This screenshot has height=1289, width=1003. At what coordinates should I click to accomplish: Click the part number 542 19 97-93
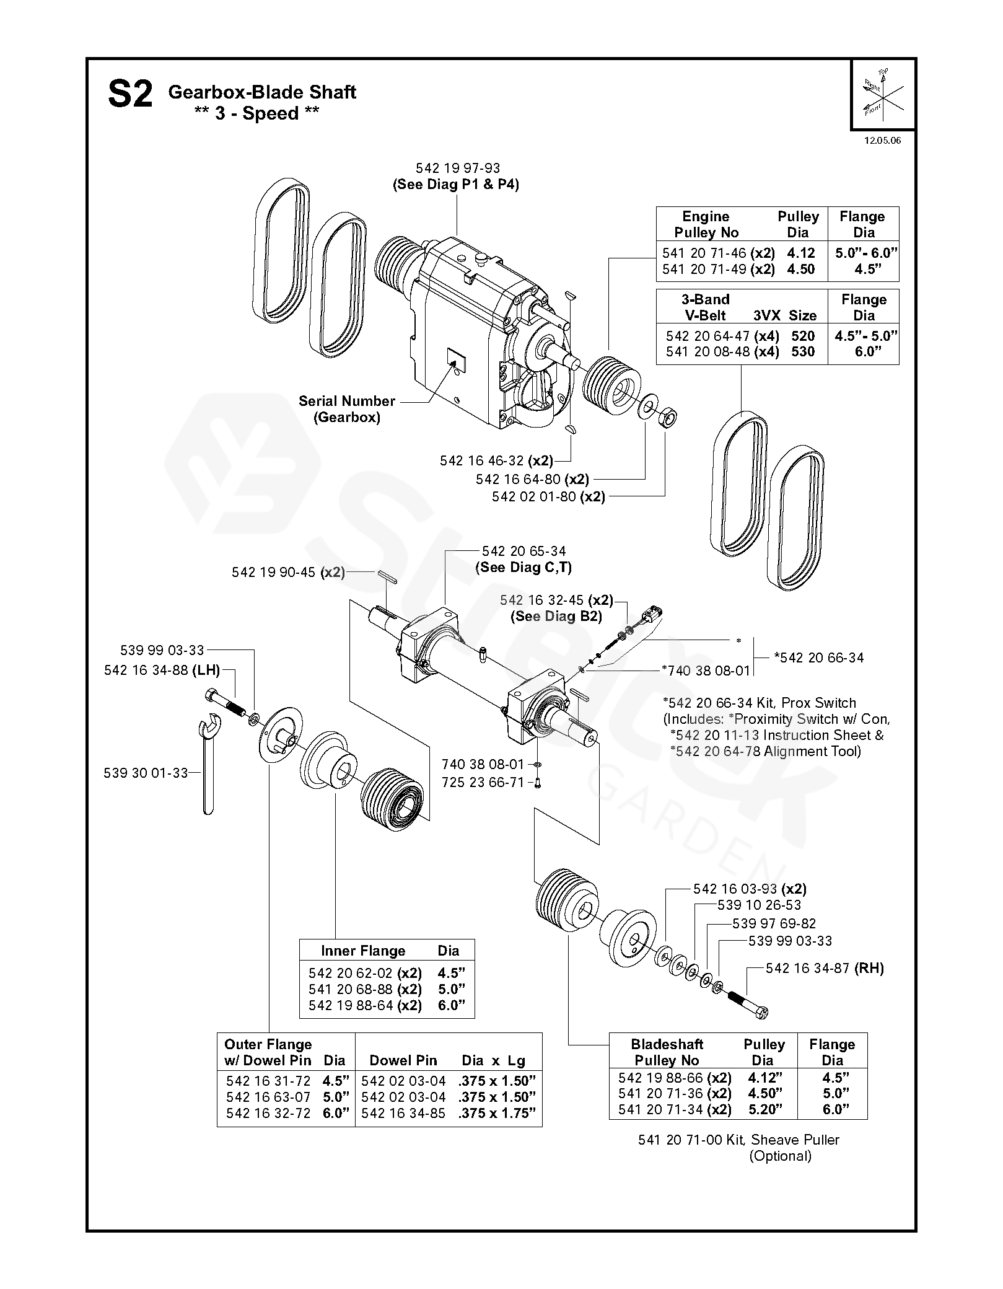[x=457, y=168]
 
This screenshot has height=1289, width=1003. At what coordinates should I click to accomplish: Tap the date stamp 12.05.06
[x=882, y=140]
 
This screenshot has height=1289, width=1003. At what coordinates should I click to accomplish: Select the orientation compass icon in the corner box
[x=883, y=92]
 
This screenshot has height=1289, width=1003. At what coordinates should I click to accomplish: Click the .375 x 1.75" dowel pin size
[x=497, y=1113]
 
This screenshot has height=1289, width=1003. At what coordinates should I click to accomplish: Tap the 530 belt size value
[x=802, y=351]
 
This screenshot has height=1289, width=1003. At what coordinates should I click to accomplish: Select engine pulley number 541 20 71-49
[x=704, y=269]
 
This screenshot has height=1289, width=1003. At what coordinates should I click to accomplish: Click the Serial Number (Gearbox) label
[x=346, y=408]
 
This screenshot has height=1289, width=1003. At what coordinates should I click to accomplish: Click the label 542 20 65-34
[x=523, y=551]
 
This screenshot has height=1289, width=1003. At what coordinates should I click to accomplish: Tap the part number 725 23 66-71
[x=483, y=782]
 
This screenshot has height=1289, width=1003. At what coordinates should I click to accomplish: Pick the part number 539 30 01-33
[x=146, y=773]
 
